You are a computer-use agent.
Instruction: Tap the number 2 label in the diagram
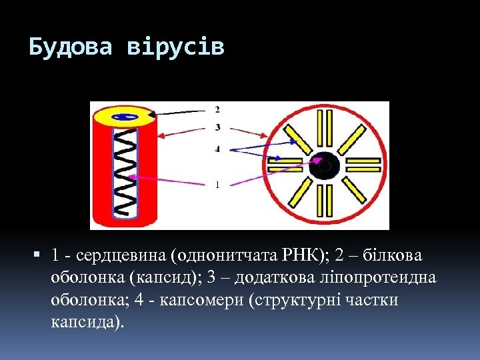[218, 109]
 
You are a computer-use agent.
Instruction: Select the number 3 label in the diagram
[218, 127]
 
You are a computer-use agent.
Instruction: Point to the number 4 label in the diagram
[218, 149]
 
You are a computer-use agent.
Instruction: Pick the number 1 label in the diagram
[218, 185]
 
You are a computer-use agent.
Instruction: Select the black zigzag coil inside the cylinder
[125, 173]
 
